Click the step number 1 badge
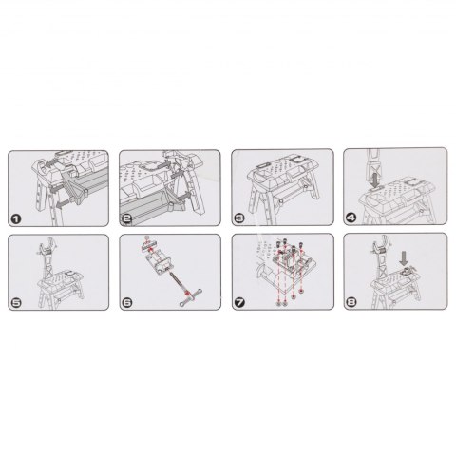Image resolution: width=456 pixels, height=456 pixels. [16, 218]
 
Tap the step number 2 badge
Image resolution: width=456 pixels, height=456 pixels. [127, 218]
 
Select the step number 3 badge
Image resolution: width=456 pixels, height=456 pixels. [239, 218]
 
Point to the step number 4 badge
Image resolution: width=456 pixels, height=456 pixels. [351, 218]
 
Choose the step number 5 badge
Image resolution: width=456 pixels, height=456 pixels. [16, 303]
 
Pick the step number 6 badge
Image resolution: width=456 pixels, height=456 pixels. [127, 303]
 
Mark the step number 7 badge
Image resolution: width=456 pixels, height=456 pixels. [239, 303]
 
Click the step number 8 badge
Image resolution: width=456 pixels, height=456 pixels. [351, 302]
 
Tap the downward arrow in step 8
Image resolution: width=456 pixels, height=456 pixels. [404, 258]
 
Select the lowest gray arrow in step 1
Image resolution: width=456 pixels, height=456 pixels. [64, 205]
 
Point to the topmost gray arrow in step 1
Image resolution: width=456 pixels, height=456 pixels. [50, 163]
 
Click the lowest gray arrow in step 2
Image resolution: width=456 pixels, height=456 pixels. [184, 198]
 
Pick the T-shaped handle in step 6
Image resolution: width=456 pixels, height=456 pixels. [191, 296]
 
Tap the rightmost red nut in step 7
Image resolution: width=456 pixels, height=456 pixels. [301, 291]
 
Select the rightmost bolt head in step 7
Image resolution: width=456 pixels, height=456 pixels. [300, 246]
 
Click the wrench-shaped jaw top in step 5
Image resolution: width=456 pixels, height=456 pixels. [48, 245]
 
